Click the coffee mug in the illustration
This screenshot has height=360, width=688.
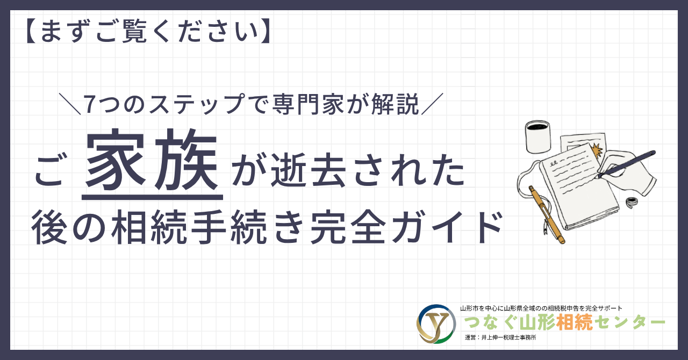(x=537, y=136)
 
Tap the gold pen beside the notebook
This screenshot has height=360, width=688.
(x=547, y=214)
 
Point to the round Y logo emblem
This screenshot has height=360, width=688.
(x=436, y=324)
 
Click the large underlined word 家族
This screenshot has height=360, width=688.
(x=152, y=160)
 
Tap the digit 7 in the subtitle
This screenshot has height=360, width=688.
(x=89, y=104)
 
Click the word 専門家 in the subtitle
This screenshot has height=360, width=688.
(x=309, y=104)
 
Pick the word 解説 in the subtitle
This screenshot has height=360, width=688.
(x=395, y=104)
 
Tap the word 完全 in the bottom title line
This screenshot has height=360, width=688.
(x=348, y=227)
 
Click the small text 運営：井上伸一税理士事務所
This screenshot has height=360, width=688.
(x=500, y=337)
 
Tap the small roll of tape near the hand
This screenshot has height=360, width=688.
(x=632, y=202)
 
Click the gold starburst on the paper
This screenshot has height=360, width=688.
(x=597, y=150)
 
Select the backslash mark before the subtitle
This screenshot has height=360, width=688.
(x=70, y=104)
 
